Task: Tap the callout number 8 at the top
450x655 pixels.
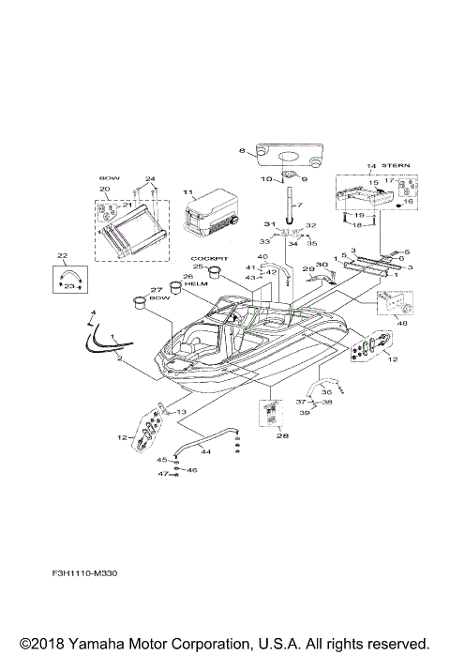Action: (x=241, y=151)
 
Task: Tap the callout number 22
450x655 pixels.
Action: (x=63, y=255)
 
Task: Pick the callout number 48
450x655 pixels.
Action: (x=402, y=325)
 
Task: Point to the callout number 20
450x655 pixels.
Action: (x=105, y=190)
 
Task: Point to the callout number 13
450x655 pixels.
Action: (x=182, y=412)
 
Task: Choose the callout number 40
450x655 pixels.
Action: (x=262, y=257)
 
